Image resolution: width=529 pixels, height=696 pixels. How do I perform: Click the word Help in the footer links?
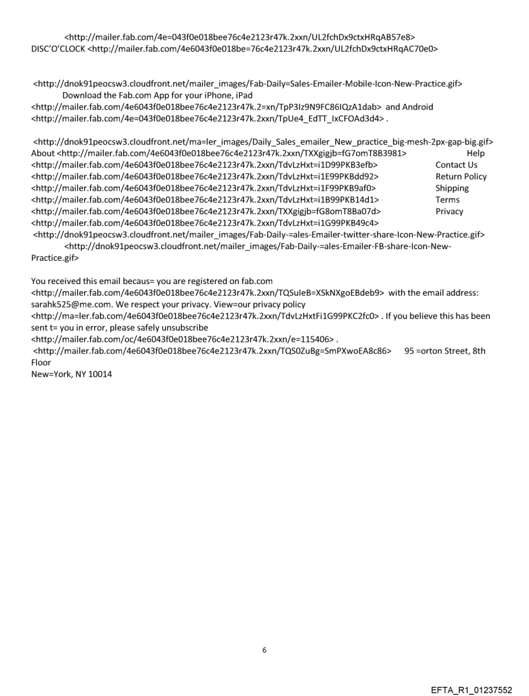[475, 153]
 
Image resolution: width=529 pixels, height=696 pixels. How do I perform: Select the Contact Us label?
[456, 165]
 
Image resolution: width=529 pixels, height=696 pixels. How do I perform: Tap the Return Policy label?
[461, 176]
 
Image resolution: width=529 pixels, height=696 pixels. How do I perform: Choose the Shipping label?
[452, 188]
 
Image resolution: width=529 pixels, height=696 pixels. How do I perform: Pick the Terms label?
[447, 200]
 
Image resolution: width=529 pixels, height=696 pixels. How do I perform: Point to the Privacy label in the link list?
[449, 211]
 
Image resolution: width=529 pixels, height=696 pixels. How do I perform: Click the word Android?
[417, 106]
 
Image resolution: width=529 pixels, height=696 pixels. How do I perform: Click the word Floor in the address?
[42, 363]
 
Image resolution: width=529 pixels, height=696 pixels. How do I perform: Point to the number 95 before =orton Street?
[409, 351]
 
